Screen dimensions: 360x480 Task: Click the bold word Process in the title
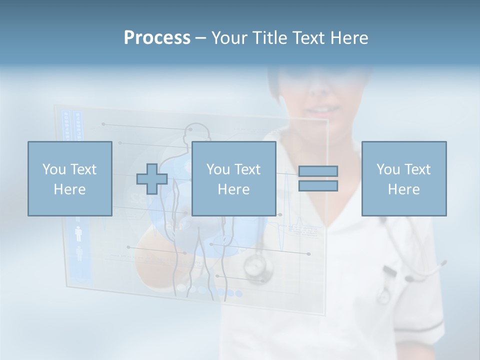pyautogui.click(x=157, y=38)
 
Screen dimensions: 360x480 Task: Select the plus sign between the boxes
pyautogui.click(x=152, y=179)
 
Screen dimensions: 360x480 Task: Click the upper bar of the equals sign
pyautogui.click(x=318, y=171)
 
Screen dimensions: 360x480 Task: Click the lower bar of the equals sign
pyautogui.click(x=318, y=186)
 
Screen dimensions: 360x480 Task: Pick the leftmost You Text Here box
pyautogui.click(x=70, y=178)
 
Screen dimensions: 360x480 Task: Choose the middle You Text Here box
pyautogui.click(x=233, y=178)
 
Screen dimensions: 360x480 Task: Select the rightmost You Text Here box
pyautogui.click(x=404, y=178)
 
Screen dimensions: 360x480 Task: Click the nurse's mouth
pyautogui.click(x=322, y=108)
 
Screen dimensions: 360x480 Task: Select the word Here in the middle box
pyautogui.click(x=233, y=189)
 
